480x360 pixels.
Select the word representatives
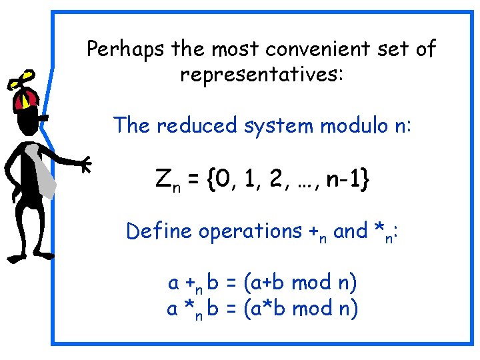[x=261, y=73]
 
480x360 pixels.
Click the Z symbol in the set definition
[x=163, y=179]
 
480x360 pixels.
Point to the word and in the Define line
[x=349, y=231]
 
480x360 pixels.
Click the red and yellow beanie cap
[x=26, y=100]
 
